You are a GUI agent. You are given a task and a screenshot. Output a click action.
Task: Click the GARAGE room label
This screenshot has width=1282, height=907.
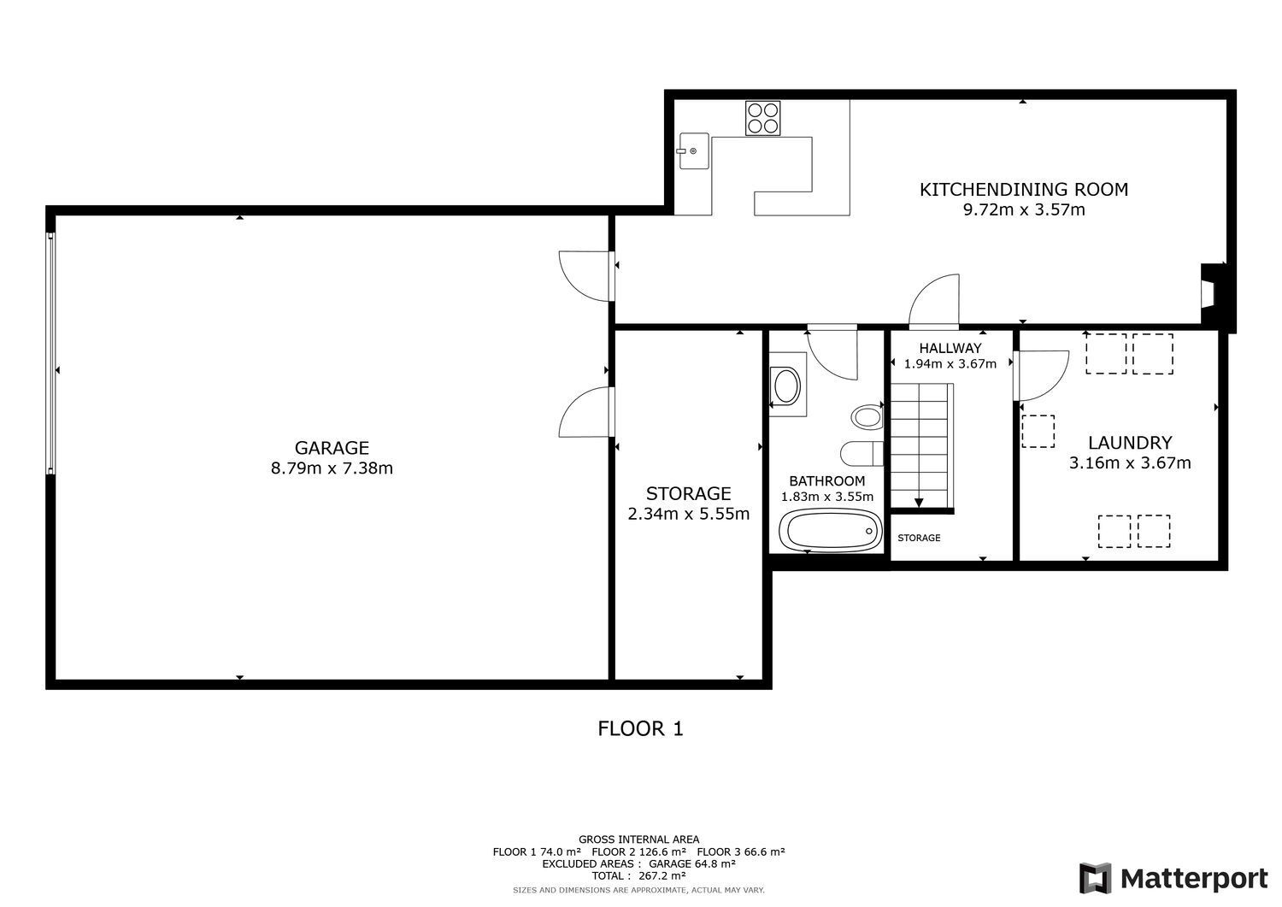[x=332, y=448]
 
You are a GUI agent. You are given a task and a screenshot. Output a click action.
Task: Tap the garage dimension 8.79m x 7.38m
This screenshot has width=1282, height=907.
[x=332, y=468]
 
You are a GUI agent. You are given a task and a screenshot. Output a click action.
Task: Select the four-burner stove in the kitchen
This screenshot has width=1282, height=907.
[x=762, y=118]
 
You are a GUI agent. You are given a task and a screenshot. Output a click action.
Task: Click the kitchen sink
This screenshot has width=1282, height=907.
[x=694, y=151]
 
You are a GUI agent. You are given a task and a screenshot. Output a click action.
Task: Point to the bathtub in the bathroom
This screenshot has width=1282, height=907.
[x=830, y=530]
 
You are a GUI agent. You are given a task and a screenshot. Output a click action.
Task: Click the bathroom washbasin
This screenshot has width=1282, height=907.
[x=786, y=386]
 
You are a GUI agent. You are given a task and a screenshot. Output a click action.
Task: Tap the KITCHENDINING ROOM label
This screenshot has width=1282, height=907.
[x=1023, y=190]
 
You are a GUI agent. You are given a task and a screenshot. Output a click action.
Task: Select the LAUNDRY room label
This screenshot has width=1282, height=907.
[x=1129, y=443]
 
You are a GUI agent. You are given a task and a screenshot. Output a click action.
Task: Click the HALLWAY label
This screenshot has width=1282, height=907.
[x=950, y=348]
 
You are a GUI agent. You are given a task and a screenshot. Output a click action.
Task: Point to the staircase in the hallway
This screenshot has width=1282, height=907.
[x=921, y=445]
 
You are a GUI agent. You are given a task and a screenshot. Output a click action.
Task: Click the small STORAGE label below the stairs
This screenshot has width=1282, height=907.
[x=919, y=538]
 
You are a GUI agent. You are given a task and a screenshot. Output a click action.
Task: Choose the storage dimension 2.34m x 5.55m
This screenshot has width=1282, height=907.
[x=689, y=515]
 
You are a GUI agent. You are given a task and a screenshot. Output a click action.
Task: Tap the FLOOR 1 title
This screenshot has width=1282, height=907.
[x=640, y=728]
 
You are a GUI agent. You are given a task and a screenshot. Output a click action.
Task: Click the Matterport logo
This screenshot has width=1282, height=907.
[x=1173, y=878]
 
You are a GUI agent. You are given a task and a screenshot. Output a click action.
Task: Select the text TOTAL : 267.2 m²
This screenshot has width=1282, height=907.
[x=638, y=875]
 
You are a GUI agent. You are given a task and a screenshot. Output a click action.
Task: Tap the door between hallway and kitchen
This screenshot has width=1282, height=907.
[x=933, y=302]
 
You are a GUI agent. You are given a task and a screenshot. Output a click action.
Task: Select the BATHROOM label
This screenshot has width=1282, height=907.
[x=827, y=481]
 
